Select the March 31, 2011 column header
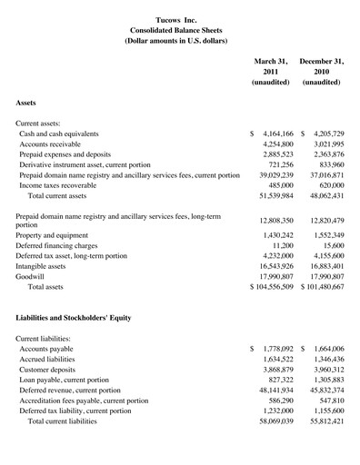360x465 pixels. point(271,71)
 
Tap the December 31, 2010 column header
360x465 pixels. point(321,71)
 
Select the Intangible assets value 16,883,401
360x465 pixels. point(322,265)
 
